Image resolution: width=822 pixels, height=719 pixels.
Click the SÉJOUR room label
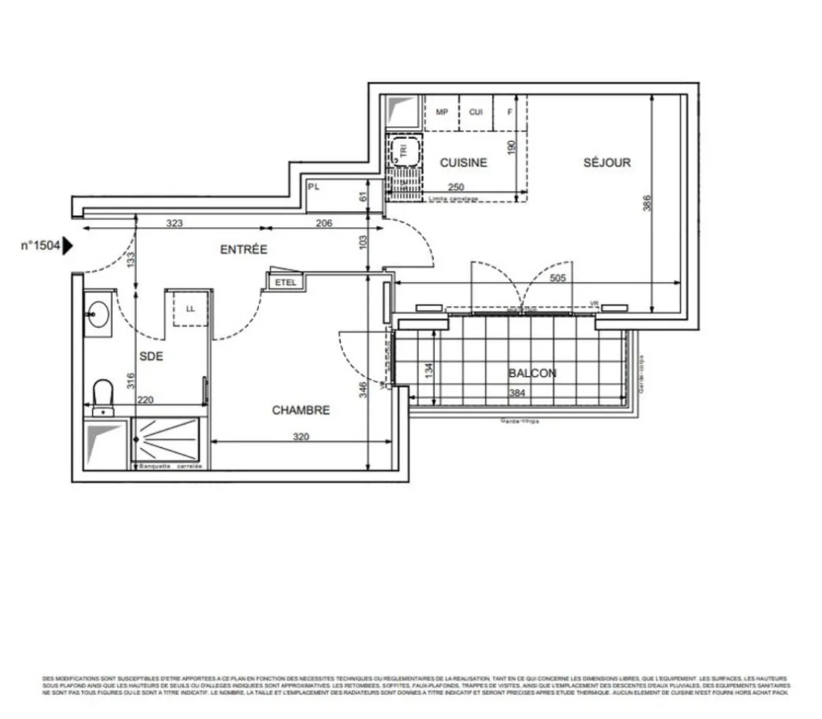click(606, 163)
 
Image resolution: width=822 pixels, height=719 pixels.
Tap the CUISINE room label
click(463, 163)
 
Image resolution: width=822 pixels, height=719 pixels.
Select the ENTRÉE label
click(243, 250)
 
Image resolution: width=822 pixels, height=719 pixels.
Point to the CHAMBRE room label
click(301, 410)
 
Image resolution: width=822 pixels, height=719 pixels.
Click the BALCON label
click(532, 373)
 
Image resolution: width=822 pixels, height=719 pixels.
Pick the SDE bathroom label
click(151, 356)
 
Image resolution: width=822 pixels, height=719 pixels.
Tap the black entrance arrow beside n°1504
click(68, 246)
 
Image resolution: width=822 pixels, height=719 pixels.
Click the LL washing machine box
click(190, 309)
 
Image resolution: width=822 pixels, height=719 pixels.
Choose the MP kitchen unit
click(442, 112)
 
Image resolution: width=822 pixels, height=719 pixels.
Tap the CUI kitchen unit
click(476, 112)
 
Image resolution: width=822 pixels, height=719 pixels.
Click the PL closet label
click(314, 186)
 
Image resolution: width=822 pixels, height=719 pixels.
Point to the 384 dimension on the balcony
click(517, 393)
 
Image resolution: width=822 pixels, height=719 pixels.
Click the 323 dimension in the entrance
click(175, 223)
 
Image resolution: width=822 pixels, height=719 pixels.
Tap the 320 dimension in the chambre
click(301, 436)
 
